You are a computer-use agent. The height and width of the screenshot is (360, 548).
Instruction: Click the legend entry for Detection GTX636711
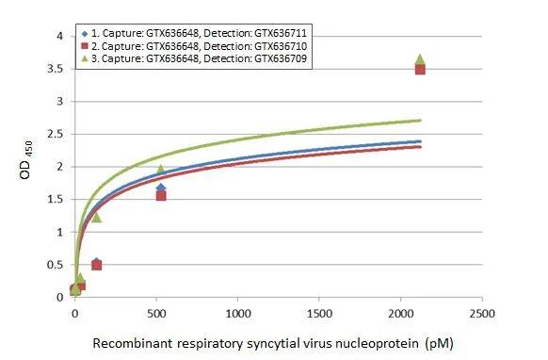(x=198, y=33)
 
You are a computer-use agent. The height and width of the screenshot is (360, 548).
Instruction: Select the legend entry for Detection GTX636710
(x=198, y=45)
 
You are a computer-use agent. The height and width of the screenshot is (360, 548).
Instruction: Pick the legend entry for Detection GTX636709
(x=198, y=58)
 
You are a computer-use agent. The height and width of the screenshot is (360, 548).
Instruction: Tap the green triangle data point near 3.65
(x=420, y=59)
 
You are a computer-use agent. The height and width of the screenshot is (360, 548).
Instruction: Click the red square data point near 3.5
(x=420, y=69)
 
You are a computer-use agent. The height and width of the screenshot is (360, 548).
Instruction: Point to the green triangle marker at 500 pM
(x=161, y=170)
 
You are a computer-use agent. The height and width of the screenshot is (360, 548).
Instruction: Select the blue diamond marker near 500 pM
(x=161, y=188)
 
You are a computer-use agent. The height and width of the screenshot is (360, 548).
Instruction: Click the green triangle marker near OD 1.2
(x=96, y=218)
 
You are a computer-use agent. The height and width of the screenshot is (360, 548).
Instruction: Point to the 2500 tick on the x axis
(x=482, y=313)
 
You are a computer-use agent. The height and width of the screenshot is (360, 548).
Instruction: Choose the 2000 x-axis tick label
(x=401, y=313)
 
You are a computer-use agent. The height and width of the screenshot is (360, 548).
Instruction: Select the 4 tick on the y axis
(x=59, y=37)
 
